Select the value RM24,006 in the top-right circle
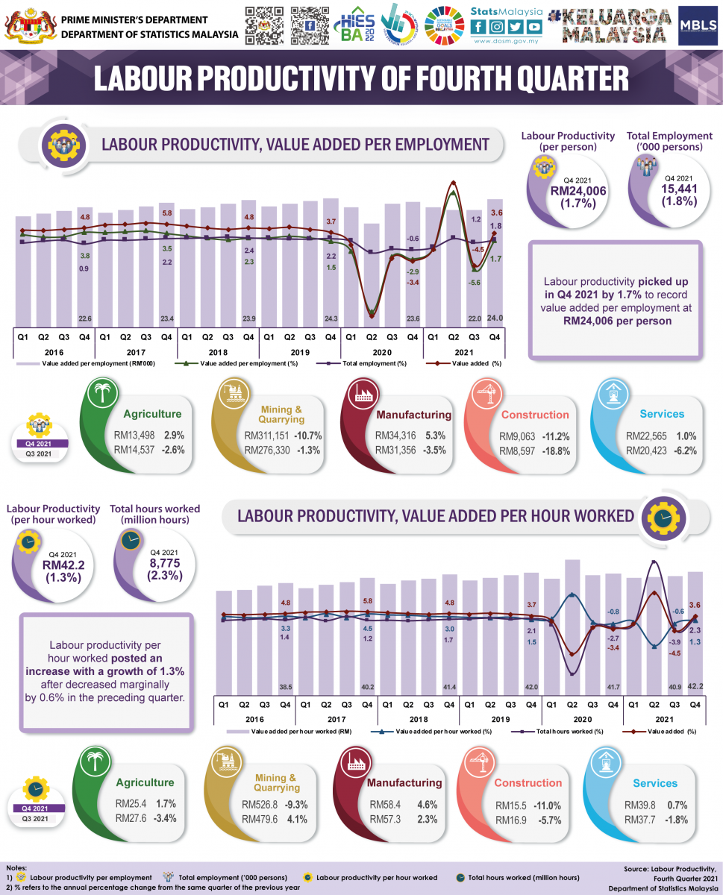click(577, 191)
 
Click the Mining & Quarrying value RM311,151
click(269, 436)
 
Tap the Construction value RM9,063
click(518, 436)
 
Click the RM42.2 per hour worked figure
click(63, 565)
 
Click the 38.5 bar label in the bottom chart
click(285, 687)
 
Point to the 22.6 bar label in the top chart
click(84, 318)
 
